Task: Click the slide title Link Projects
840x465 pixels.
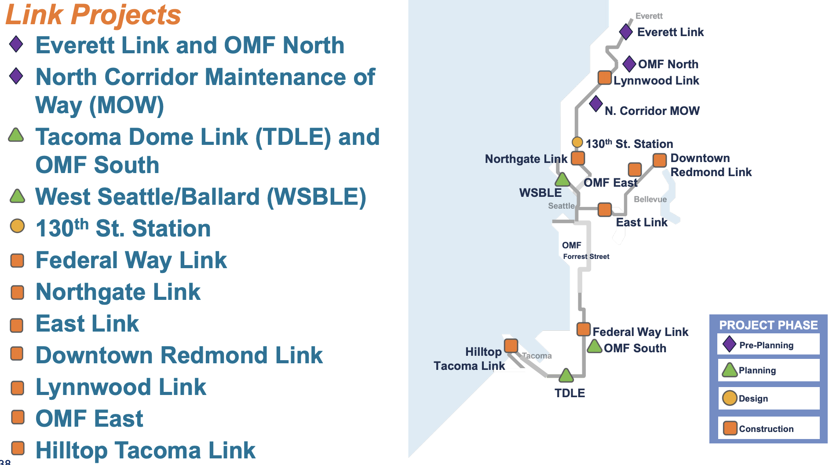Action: click(x=93, y=15)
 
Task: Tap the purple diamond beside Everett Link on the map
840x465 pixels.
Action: click(x=626, y=32)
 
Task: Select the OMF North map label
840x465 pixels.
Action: click(x=668, y=64)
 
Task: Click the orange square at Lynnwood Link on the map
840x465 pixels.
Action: click(x=605, y=77)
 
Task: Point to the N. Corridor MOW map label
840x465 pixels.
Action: click(x=652, y=111)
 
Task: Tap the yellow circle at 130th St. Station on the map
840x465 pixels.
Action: click(x=577, y=142)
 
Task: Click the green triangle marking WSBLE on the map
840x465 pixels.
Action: click(x=562, y=179)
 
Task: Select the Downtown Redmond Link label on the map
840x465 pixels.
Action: click(x=711, y=165)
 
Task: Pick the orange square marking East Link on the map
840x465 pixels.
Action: click(x=605, y=210)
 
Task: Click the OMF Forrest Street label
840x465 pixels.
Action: click(x=586, y=251)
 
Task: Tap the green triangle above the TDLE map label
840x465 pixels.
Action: click(x=566, y=375)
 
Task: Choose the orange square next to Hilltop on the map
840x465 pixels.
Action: click(x=511, y=346)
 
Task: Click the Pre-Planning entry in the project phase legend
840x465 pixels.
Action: click(x=767, y=345)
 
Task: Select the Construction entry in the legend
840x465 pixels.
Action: click(x=766, y=429)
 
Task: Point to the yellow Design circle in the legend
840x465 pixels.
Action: click(x=730, y=398)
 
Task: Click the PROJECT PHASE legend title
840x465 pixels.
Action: click(x=768, y=325)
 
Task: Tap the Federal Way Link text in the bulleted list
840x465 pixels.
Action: click(x=131, y=260)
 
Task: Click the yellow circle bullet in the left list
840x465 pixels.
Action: click(x=18, y=226)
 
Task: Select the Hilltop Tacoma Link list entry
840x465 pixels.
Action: click(x=146, y=450)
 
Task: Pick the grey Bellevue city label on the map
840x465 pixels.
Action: click(x=650, y=199)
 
